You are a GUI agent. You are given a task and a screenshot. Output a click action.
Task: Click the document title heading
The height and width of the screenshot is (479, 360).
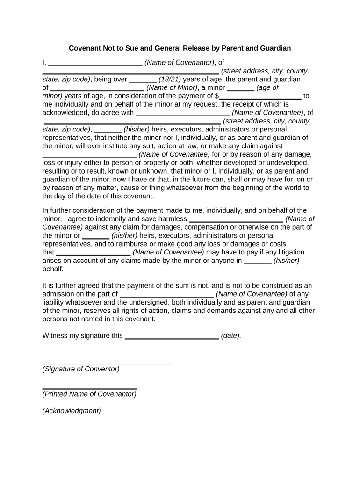tap(180, 48)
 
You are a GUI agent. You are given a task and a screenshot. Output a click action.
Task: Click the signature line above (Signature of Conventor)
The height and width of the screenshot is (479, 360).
tap(107, 363)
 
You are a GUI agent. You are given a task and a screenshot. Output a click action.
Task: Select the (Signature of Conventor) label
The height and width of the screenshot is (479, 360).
tap(81, 369)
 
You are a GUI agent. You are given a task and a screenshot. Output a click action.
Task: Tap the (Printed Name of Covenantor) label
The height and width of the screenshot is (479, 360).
tap(89, 394)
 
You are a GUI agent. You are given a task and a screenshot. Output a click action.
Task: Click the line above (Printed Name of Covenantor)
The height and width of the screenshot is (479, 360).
tap(89, 388)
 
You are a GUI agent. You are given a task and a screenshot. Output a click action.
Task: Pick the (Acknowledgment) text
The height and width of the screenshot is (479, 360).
tap(72, 411)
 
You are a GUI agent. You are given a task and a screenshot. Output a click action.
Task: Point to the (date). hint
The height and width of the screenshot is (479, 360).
tap(231, 335)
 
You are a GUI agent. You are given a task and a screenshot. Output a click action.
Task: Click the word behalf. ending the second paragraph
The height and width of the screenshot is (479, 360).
tap(53, 269)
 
